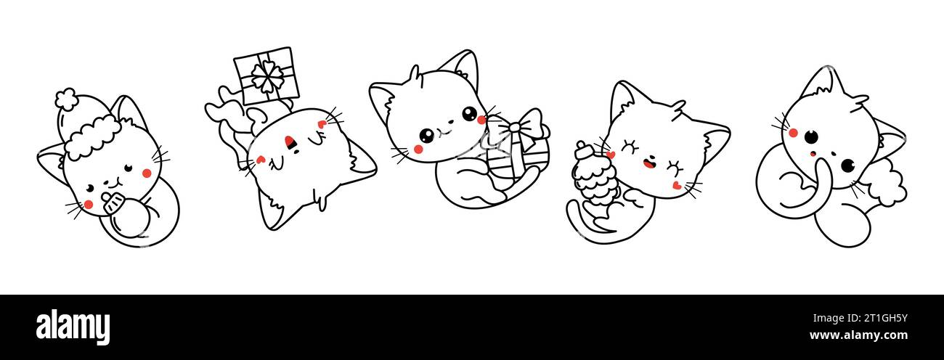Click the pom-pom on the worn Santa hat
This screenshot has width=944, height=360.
click(x=66, y=99)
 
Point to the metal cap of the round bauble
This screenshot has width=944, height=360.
click(x=112, y=202)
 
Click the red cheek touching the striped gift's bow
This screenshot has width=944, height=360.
click(x=481, y=120)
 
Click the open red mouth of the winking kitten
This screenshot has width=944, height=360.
click(x=649, y=163)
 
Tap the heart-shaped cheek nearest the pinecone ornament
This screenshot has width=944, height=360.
click(x=611, y=155)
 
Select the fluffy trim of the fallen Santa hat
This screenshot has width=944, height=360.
click(x=887, y=185)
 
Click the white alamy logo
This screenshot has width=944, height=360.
click(x=73, y=327)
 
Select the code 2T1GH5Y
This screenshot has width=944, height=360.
click(x=885, y=318)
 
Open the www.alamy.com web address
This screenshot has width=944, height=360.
click(x=858, y=335)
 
